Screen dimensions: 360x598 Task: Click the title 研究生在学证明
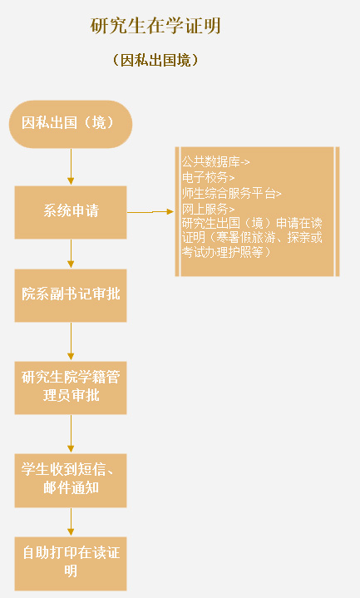click(x=155, y=26)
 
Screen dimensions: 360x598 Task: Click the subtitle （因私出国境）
click(x=155, y=60)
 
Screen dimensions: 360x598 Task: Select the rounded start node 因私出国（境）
click(x=71, y=124)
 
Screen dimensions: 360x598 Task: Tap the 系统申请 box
click(x=71, y=212)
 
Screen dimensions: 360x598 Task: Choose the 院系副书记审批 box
click(x=71, y=295)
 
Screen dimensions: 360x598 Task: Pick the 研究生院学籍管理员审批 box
click(x=71, y=388)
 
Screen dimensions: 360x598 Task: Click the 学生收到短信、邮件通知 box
click(x=71, y=481)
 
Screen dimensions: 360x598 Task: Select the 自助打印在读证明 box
click(x=71, y=564)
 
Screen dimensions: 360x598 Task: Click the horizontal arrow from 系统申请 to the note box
click(x=150, y=211)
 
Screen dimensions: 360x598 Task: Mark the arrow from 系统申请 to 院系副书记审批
click(x=71, y=254)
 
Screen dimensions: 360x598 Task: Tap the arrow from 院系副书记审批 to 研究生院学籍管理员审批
click(x=71, y=342)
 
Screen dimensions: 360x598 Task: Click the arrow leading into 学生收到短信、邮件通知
click(x=71, y=434)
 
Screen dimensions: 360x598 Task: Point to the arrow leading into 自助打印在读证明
click(x=71, y=522)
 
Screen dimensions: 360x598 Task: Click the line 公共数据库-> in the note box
click(x=216, y=162)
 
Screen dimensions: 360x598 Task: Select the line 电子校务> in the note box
click(x=208, y=177)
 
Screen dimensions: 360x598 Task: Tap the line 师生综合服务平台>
click(x=231, y=193)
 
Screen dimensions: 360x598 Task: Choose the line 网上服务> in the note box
click(x=208, y=209)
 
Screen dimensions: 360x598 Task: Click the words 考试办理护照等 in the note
click(x=223, y=252)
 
